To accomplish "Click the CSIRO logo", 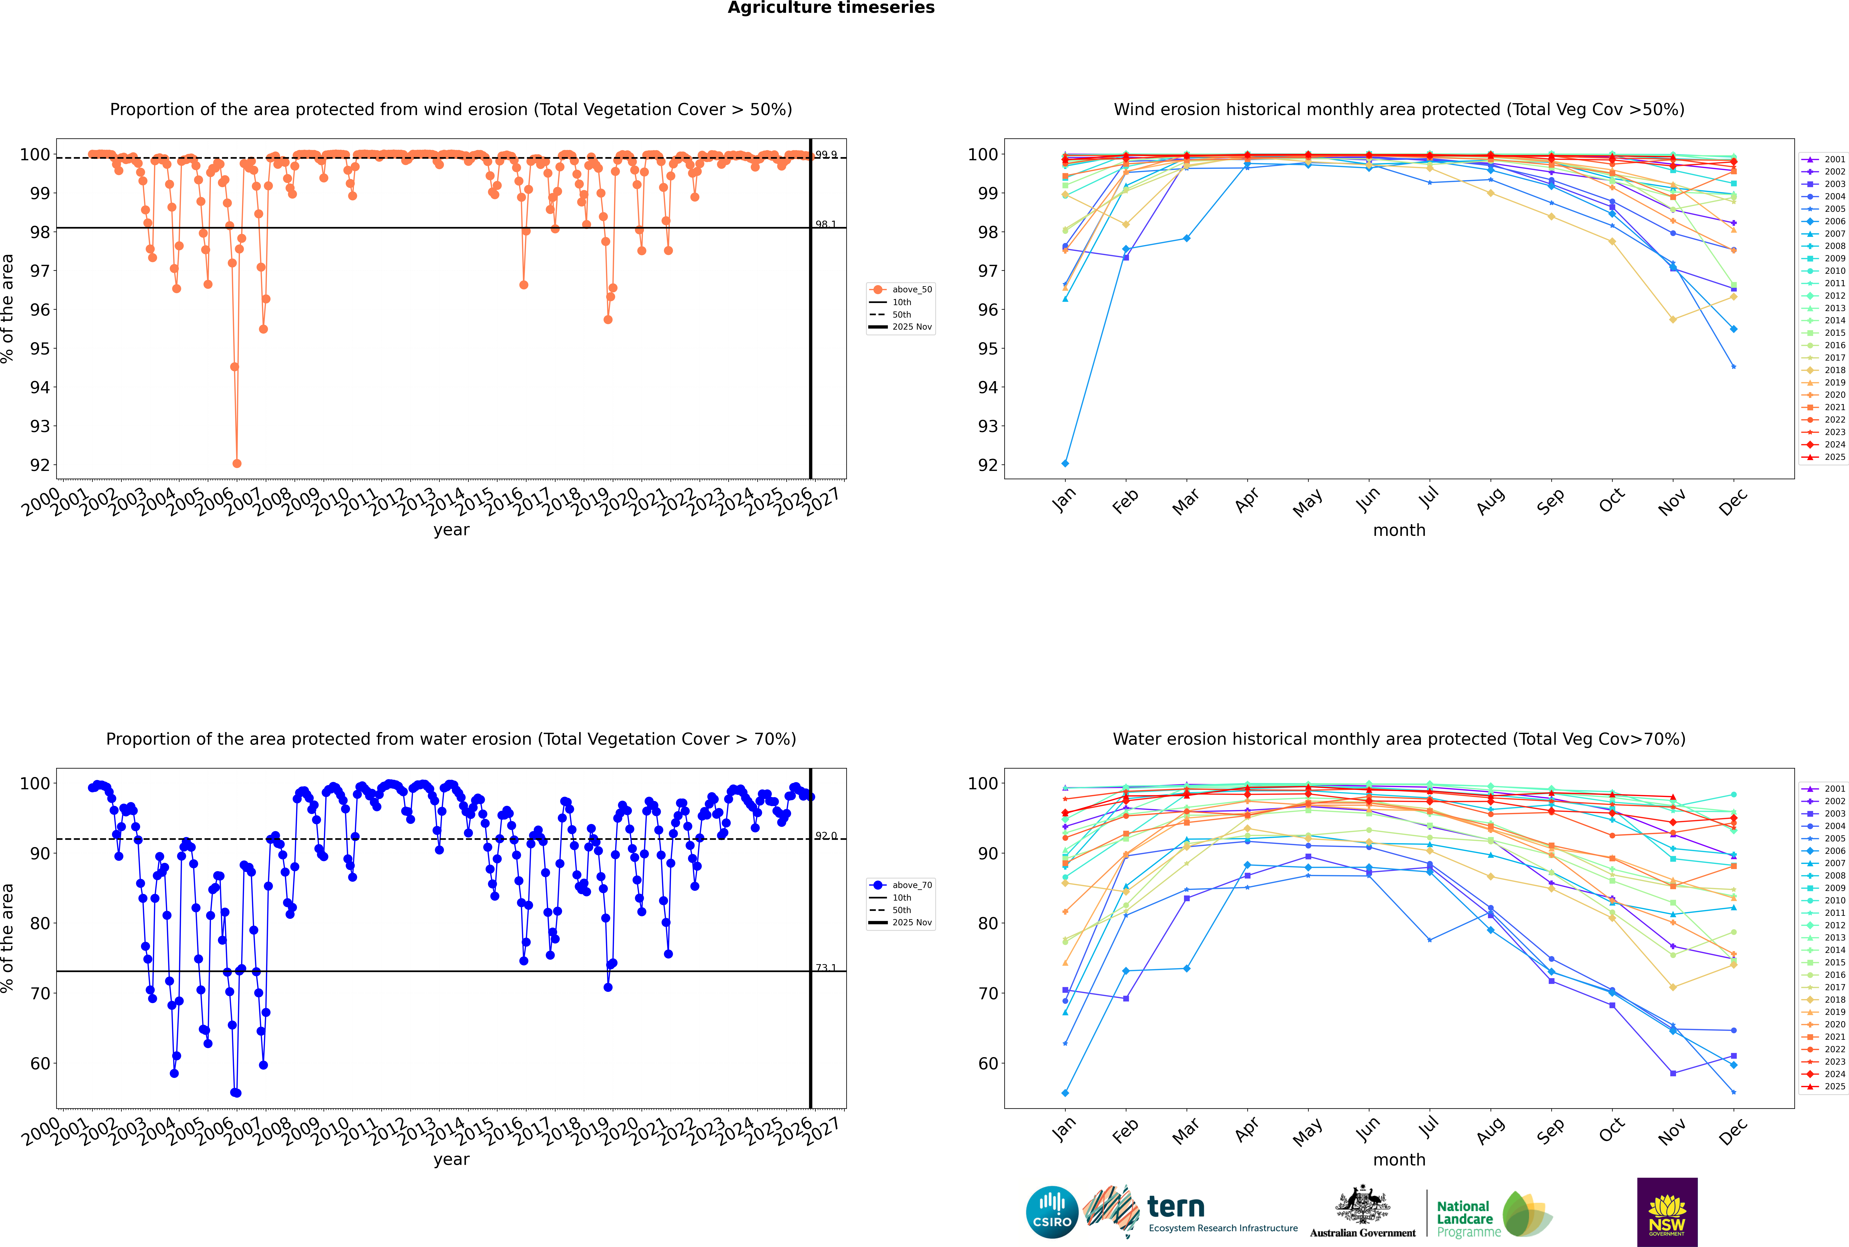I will point(1052,1212).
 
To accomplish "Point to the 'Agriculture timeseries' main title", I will point(831,8).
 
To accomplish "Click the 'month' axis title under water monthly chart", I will point(1399,1160).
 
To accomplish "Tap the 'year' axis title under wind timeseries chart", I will point(451,531).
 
